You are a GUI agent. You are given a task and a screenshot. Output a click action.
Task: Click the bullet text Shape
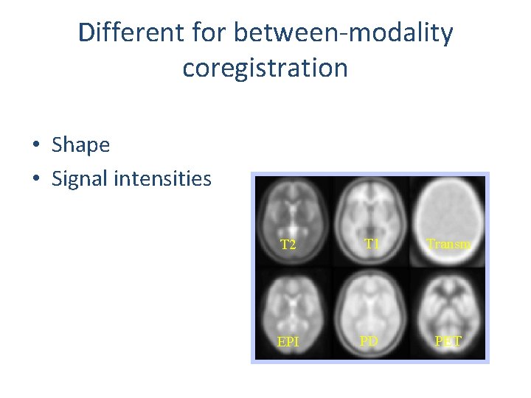pyautogui.click(x=80, y=145)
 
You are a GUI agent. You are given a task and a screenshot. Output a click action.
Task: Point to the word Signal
pyautogui.click(x=82, y=178)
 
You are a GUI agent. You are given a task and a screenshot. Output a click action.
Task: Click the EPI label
pyautogui.click(x=288, y=343)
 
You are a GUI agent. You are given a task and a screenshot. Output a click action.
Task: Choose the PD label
pyautogui.click(x=369, y=342)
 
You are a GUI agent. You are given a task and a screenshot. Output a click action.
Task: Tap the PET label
pyautogui.click(x=448, y=342)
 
